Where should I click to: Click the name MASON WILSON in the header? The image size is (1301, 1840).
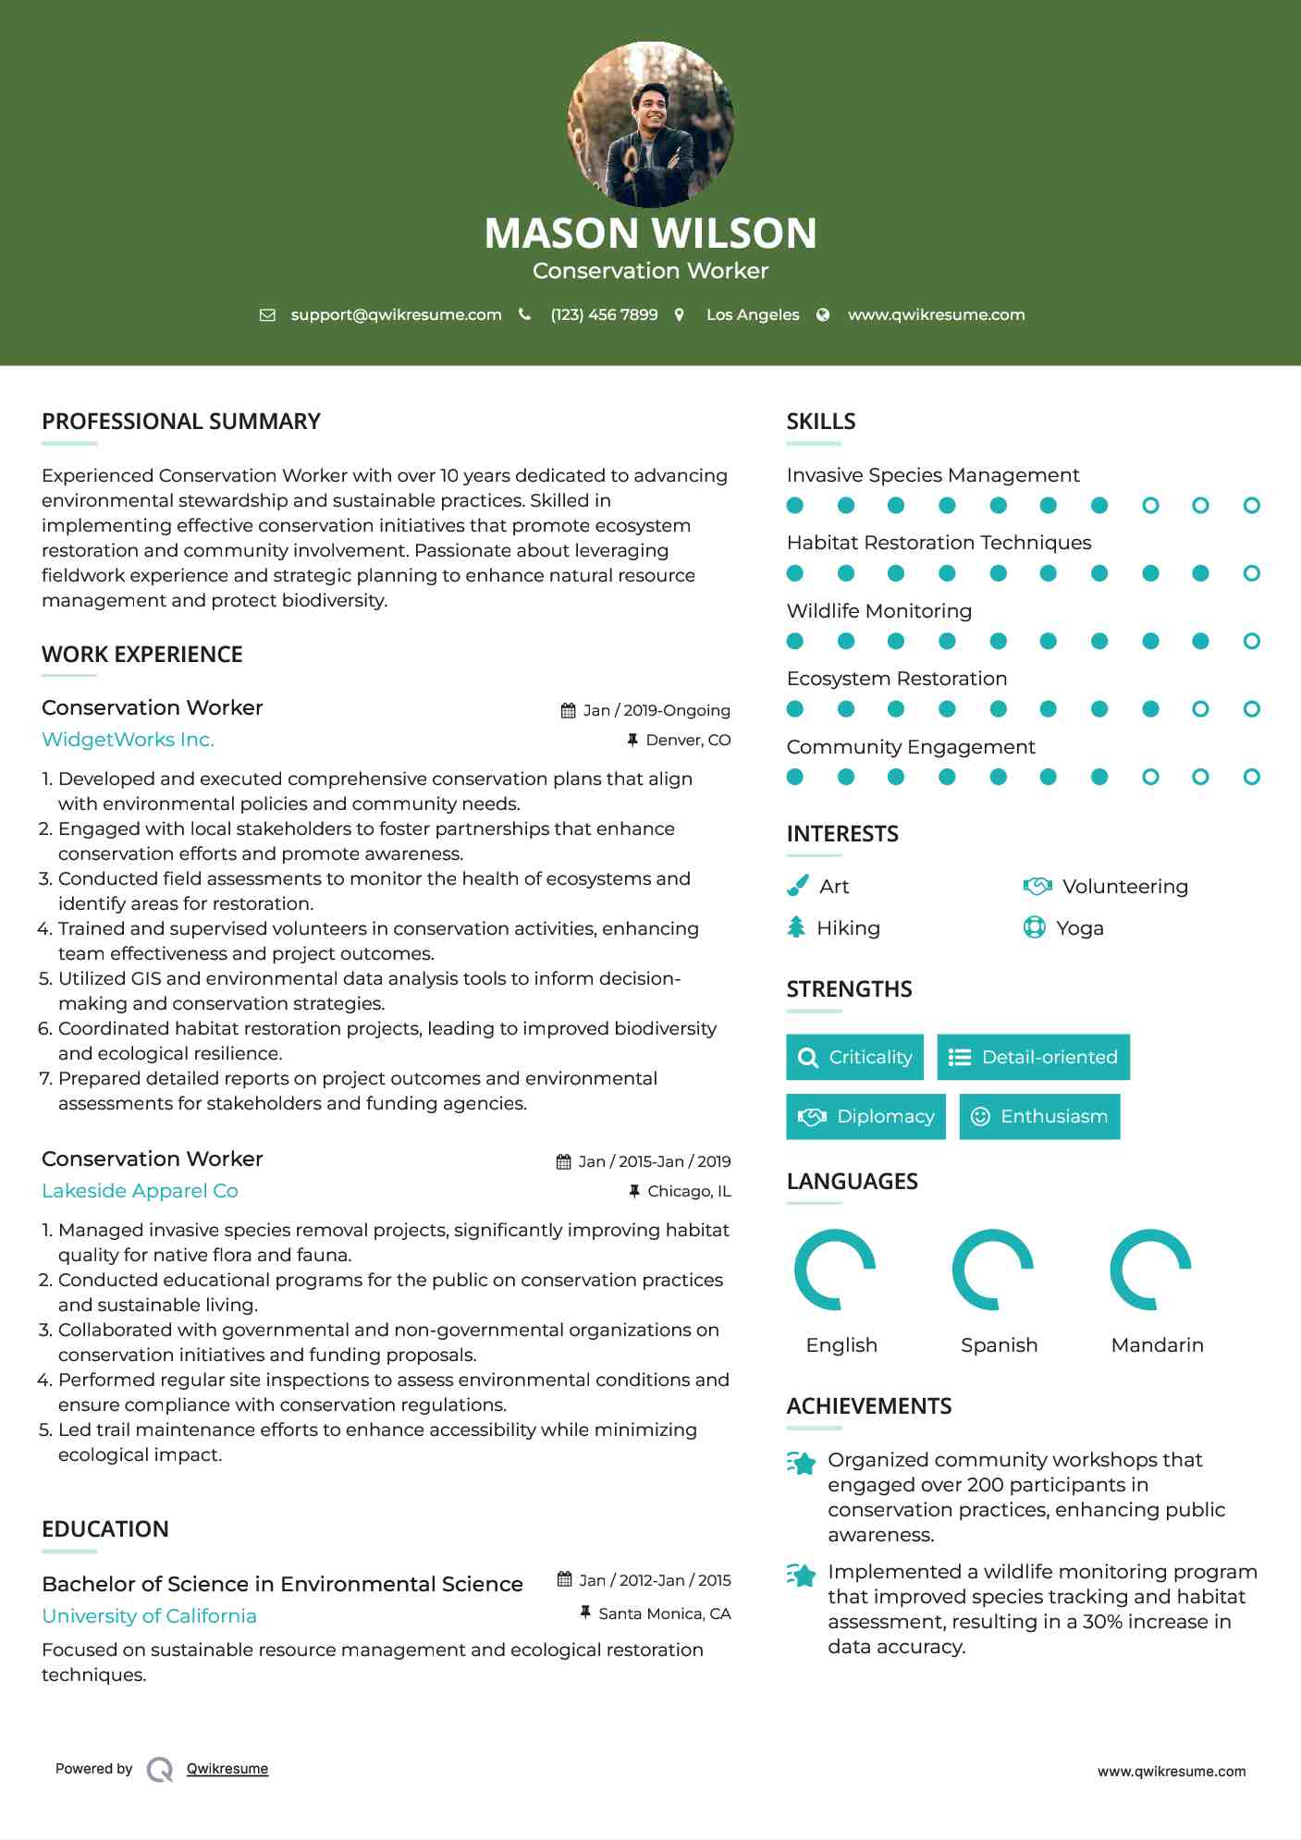point(650,233)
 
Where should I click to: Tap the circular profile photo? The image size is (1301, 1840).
point(650,124)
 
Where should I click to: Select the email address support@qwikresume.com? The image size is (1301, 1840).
point(396,314)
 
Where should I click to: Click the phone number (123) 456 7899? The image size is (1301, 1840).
point(604,314)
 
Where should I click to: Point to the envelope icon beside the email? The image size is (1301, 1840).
point(267,314)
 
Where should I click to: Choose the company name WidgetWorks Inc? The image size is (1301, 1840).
point(128,740)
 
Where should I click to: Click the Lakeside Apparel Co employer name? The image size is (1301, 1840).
point(140,1191)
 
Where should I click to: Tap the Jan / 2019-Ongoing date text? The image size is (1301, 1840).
point(656,710)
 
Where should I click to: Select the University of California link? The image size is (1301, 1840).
point(149,1616)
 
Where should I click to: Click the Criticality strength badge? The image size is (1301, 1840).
point(854,1057)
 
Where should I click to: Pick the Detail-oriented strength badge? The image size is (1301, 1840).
point(1033,1057)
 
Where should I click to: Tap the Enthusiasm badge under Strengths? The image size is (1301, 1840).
point(1039,1116)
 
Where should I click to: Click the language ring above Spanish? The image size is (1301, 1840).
point(992,1270)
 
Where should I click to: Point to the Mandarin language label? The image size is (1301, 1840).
point(1157,1345)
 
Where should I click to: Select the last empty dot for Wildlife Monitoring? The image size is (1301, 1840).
point(1251,641)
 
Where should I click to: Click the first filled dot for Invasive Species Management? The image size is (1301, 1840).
point(794,505)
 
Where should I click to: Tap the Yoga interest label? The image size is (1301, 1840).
point(1079,928)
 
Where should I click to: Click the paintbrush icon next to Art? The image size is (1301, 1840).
point(796,887)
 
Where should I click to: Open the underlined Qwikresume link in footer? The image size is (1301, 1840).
point(227,1769)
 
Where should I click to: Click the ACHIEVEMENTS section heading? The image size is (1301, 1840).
point(868,1406)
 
